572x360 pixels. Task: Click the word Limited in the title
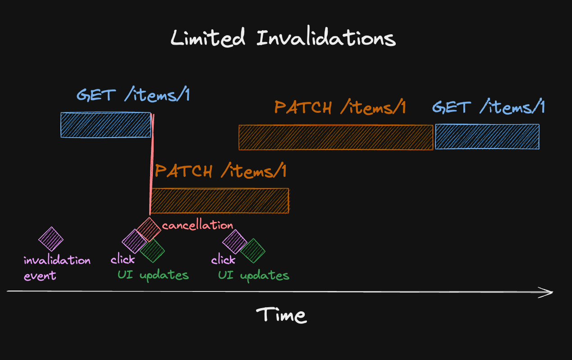pos(208,38)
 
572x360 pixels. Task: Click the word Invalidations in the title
pos(326,38)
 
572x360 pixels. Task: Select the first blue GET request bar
pos(106,125)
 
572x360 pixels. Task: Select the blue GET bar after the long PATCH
pos(487,136)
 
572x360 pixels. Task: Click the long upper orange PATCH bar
pos(336,138)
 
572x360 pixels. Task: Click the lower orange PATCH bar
pos(220,201)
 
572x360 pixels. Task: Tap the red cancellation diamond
pos(148,230)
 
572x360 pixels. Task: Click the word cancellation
pos(197,225)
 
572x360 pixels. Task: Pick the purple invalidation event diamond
pos(51,239)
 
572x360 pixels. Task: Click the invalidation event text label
pos(57,268)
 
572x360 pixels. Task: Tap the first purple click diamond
pos(134,241)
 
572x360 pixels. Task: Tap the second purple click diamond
pos(234,241)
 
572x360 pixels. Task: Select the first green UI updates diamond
pos(152,250)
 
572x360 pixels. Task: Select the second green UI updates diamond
pos(252,250)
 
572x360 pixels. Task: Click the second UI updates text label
pos(254,275)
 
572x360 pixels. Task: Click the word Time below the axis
pos(282,314)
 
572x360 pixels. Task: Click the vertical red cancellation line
pos(151,167)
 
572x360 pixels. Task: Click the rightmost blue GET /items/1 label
pos(489,107)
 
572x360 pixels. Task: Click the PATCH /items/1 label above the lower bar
pos(221,171)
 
